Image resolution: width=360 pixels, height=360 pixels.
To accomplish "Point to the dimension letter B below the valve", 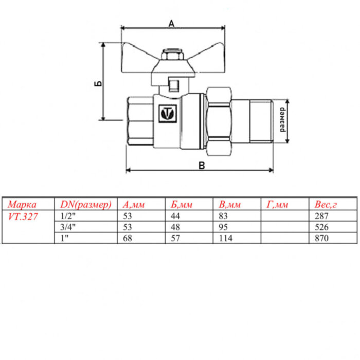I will (202, 165).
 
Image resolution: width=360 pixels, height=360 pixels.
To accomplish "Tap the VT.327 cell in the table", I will (23, 217).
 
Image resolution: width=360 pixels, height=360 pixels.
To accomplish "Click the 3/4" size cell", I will (68, 227).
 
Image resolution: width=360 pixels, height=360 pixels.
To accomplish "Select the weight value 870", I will (319, 238).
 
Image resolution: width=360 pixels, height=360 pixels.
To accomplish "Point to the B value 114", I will (226, 238).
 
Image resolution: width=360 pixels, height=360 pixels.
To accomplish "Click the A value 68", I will (128, 238).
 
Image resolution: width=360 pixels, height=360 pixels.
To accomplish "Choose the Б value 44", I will (175, 217).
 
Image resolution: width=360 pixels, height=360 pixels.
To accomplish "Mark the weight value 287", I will (319, 217).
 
